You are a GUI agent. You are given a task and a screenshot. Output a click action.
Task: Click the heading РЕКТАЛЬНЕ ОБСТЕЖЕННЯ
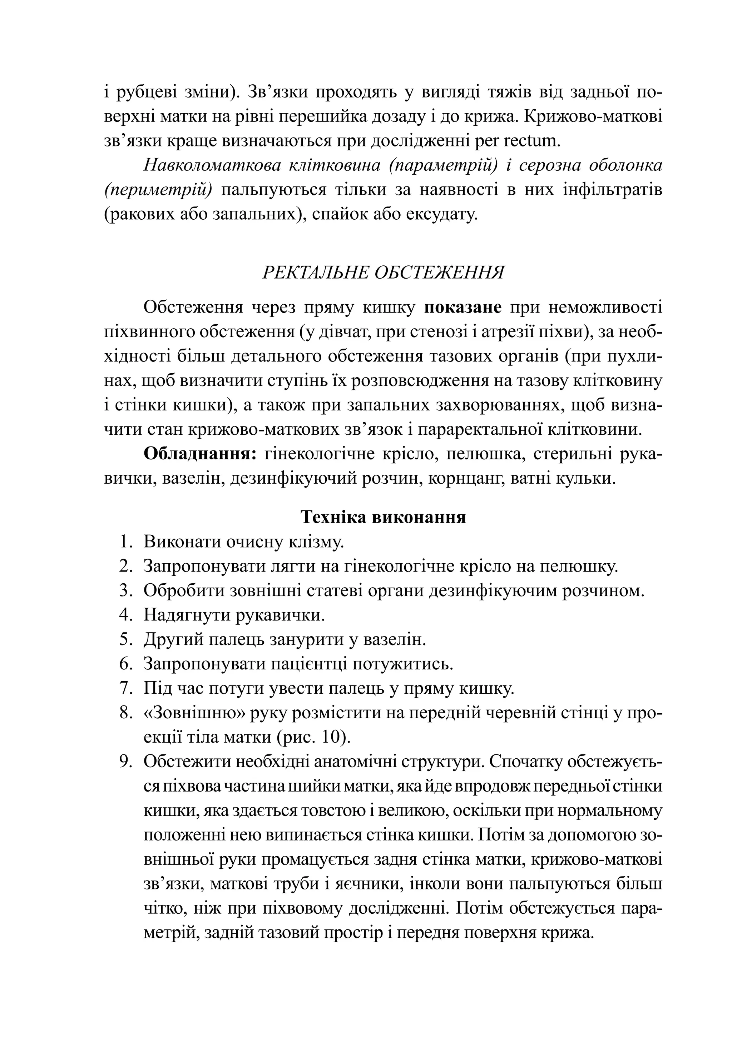click(383, 273)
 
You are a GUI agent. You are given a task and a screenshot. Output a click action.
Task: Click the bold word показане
click(463, 308)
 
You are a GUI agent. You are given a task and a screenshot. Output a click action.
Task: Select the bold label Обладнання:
click(200, 454)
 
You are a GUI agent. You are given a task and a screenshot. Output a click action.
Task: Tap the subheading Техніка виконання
click(383, 517)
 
